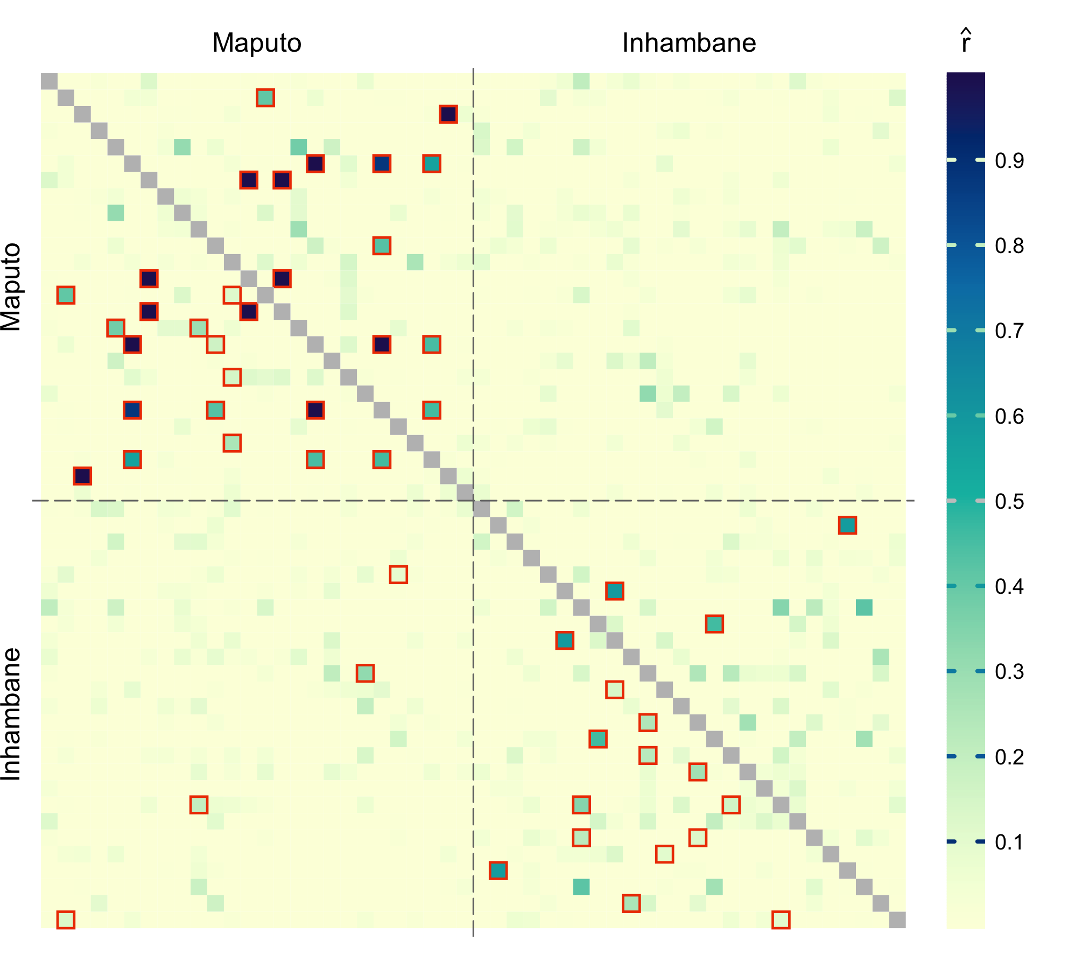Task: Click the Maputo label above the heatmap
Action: [257, 43]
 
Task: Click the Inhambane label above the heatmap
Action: [689, 43]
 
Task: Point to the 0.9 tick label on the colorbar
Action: [1009, 160]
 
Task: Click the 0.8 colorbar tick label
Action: [1009, 245]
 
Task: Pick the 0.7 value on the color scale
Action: [1009, 331]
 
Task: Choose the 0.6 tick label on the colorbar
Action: [1009, 416]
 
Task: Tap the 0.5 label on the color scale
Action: [1009, 501]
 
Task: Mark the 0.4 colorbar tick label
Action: [1009, 586]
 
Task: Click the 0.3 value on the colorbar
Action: [1009, 672]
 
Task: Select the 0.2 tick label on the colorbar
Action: [1009, 757]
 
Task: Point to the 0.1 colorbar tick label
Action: [1009, 842]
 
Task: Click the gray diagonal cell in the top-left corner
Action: [49, 81]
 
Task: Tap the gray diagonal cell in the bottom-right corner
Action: [897, 920]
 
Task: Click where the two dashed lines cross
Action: [473, 501]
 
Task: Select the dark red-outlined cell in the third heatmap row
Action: [448, 114]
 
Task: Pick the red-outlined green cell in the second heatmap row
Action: [265, 98]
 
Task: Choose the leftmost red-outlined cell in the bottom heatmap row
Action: [66, 920]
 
